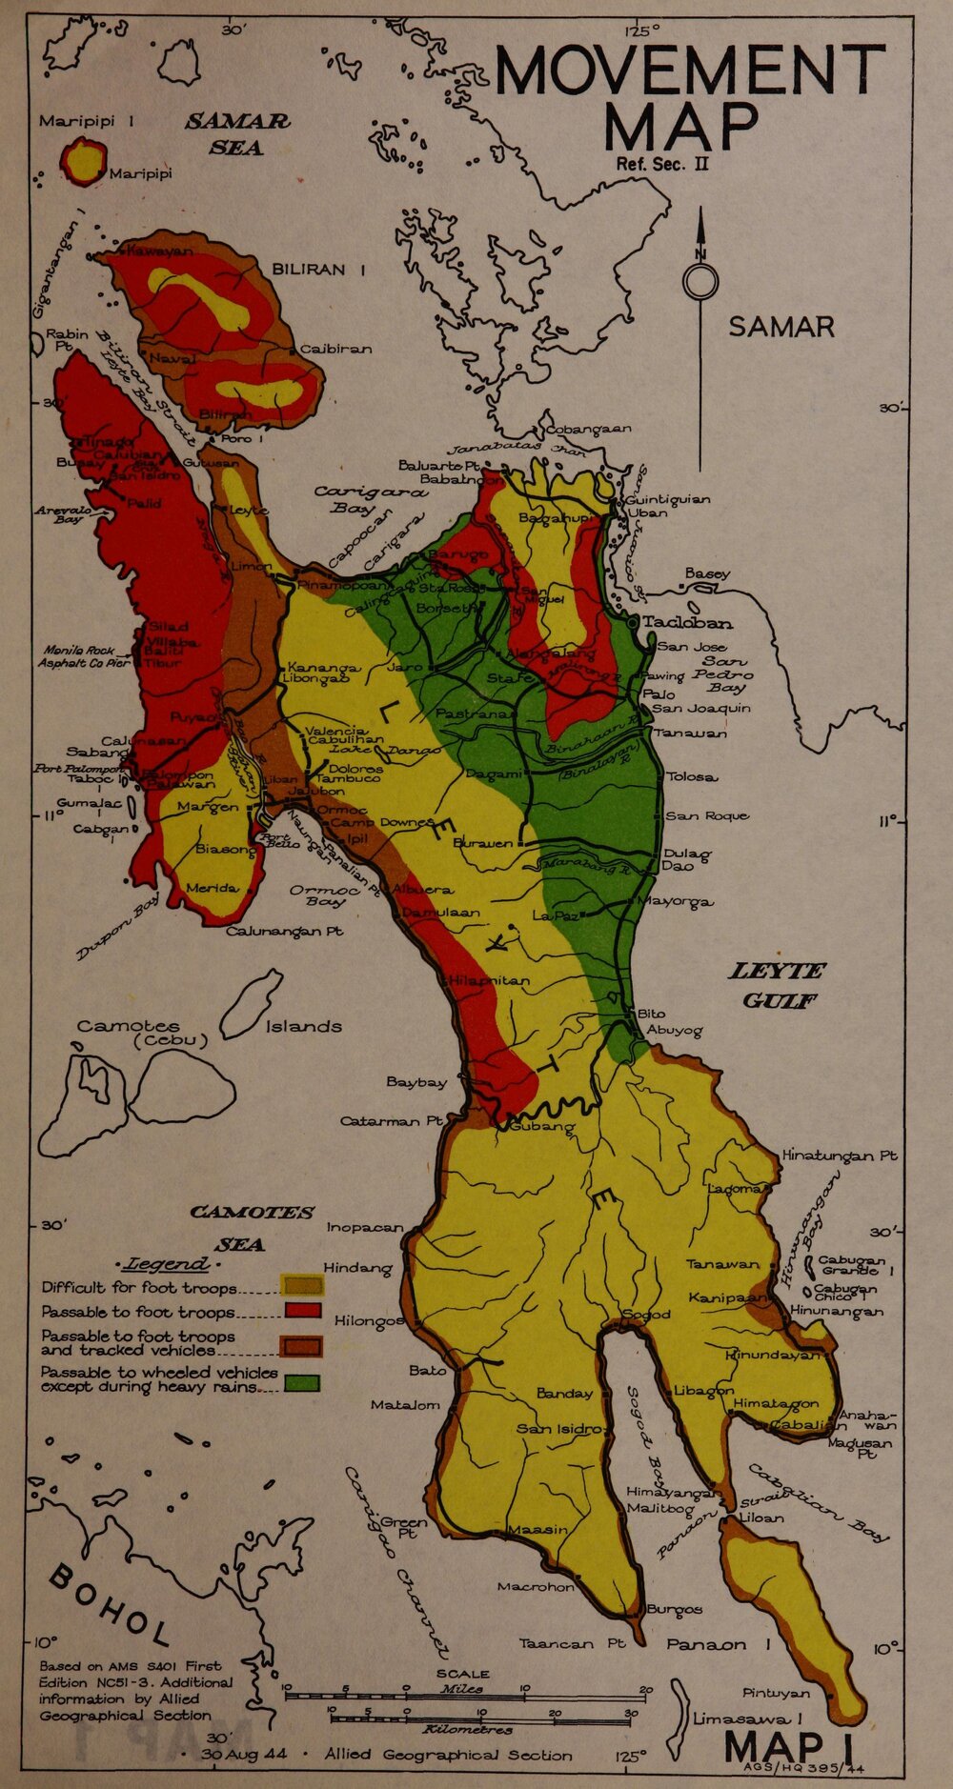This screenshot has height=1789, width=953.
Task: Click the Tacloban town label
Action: click(687, 623)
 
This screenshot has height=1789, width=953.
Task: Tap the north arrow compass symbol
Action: click(700, 282)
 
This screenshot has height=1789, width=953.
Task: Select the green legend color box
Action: click(302, 1382)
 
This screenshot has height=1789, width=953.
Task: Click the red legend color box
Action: click(302, 1311)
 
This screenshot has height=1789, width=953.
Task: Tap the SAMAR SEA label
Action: click(237, 134)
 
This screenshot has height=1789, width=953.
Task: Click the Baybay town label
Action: click(416, 1082)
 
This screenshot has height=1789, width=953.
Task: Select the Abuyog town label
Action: click(675, 1030)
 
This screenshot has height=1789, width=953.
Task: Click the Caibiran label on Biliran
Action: click(335, 349)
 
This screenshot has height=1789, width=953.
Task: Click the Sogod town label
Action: click(647, 1314)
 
